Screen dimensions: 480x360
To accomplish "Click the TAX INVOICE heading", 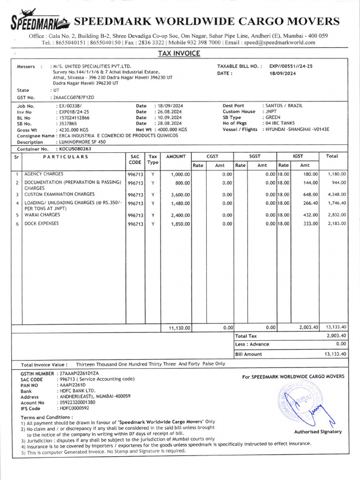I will click(179, 53).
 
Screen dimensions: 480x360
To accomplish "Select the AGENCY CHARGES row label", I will click(44, 174).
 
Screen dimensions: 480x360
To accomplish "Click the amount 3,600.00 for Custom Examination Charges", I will click(180, 195).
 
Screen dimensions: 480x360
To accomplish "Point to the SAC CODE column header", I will click(135, 159).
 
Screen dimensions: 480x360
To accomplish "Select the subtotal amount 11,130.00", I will click(179, 328).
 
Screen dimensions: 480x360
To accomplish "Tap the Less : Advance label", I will click(252, 345).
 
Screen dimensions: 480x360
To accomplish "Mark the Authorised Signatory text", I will click(318, 432).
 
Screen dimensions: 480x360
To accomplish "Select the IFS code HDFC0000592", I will click(73, 408).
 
